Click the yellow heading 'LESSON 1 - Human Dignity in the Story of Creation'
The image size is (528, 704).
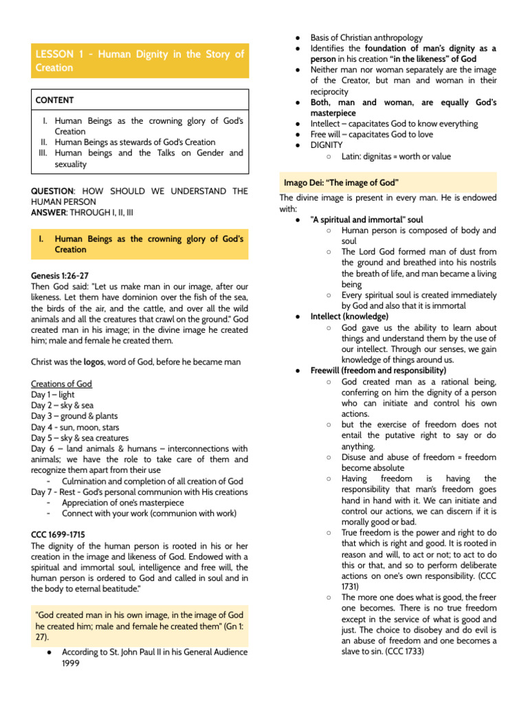tap(140, 60)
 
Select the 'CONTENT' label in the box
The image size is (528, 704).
tap(55, 100)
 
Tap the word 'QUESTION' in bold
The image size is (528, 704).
tap(52, 191)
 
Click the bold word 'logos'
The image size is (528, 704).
tap(93, 362)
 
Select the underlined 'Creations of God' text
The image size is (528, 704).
tap(61, 384)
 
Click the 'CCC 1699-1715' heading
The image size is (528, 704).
tap(58, 534)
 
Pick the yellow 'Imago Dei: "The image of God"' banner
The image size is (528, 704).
tap(342, 182)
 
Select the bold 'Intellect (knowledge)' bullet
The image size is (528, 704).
tap(349, 316)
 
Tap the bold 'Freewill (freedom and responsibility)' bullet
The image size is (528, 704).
tap(378, 370)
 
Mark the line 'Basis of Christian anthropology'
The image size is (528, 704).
tap(366, 38)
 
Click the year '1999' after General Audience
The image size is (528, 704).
tap(71, 663)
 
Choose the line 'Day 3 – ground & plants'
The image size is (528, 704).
tap(74, 416)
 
